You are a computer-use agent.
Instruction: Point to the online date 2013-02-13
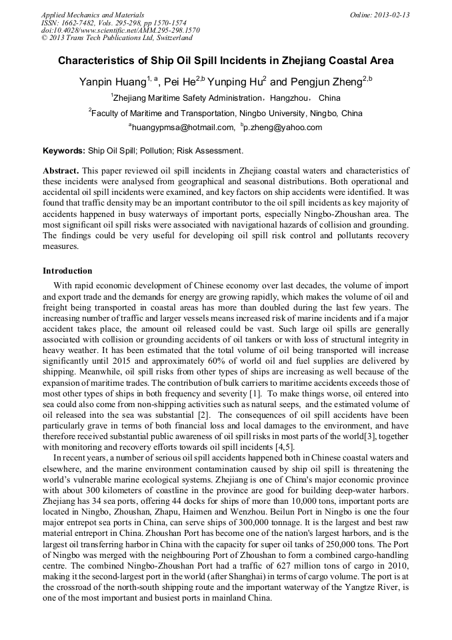(x=393, y=15)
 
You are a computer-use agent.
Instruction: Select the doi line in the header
(x=120, y=31)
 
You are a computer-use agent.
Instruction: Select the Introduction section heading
(x=67, y=271)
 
